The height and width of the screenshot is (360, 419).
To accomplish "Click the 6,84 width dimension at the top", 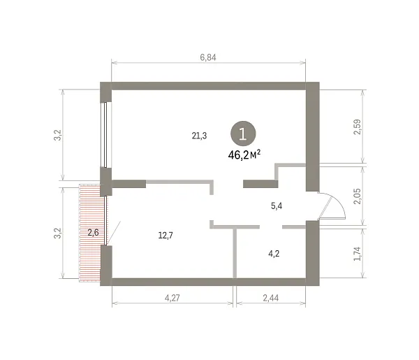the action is coord(208,57).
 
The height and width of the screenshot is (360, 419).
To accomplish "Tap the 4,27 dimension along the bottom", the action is coord(172,298).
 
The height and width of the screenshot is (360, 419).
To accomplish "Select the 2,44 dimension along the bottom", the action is coord(271,298).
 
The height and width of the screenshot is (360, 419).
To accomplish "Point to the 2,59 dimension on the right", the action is coord(358,127).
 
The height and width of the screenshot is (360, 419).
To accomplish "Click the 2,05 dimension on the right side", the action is coord(358,196).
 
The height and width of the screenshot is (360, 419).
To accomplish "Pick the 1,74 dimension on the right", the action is coord(358,254).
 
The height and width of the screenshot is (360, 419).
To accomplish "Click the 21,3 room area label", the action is coord(199,136).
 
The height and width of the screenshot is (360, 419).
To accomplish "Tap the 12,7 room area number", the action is coord(166,236).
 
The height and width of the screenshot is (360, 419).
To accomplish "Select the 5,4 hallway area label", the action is coord(277,206).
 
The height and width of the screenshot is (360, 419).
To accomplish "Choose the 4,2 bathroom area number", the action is coord(274,253).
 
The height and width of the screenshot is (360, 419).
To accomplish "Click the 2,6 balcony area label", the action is coord(93,232).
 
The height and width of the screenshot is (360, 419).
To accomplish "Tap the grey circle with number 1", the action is coord(243,134).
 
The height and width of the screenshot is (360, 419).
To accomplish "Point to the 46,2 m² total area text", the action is coord(244,155).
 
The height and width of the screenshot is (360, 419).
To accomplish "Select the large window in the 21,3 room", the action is coord(105,135).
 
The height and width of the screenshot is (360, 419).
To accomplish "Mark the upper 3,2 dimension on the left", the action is coord(58,135).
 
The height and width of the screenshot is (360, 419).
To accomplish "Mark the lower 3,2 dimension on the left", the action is coord(58,233).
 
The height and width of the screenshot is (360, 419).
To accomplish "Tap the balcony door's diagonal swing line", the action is coord(115,233).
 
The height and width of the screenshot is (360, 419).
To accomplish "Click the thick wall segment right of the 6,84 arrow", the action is coord(313,136).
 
